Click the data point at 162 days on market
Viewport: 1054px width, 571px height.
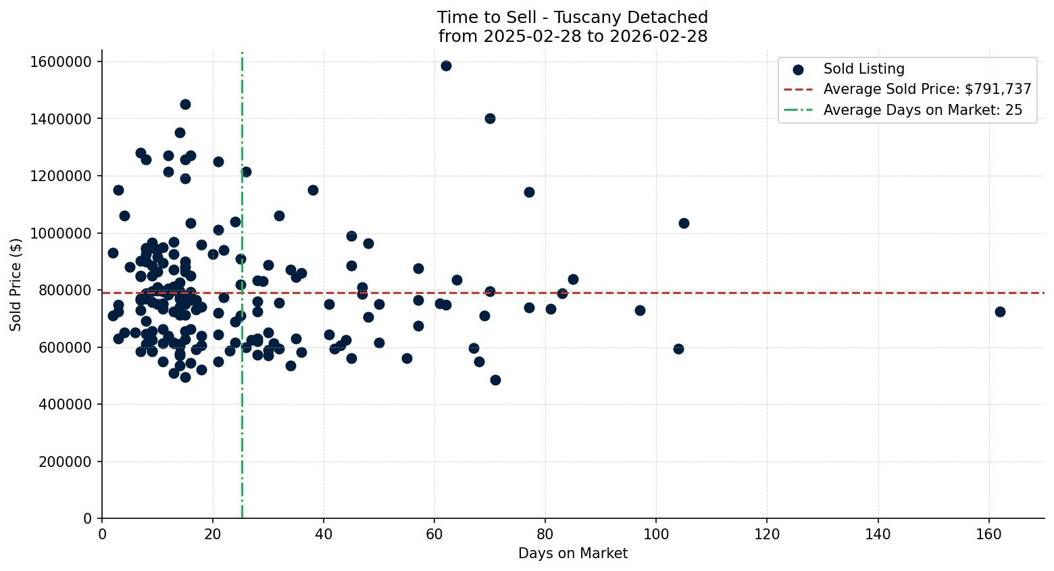pyautogui.click(x=1000, y=312)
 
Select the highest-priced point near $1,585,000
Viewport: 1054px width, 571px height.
pyautogui.click(x=446, y=66)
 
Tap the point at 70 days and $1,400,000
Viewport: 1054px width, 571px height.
pyautogui.click(x=490, y=118)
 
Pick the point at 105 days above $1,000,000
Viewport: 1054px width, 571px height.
pyautogui.click(x=684, y=223)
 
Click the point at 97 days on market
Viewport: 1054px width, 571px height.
pyautogui.click(x=640, y=310)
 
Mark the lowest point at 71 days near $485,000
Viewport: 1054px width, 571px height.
pyautogui.click(x=495, y=380)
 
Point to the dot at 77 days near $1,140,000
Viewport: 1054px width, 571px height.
pyautogui.click(x=529, y=192)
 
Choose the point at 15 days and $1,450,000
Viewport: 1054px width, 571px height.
pyautogui.click(x=185, y=104)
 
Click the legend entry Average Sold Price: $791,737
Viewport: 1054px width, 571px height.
pyautogui.click(x=927, y=89)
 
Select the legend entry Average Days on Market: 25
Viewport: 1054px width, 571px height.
pyautogui.click(x=922, y=110)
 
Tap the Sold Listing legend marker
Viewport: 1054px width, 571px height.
pyautogui.click(x=798, y=69)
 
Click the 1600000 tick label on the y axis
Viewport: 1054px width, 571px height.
pyautogui.click(x=61, y=61)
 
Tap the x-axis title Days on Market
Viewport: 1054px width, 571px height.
pyautogui.click(x=573, y=553)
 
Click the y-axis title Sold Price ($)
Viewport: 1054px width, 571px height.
pyautogui.click(x=16, y=284)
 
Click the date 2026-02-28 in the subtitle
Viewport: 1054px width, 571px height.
pyautogui.click(x=658, y=36)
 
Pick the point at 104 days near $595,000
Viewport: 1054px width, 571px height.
pyautogui.click(x=678, y=349)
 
